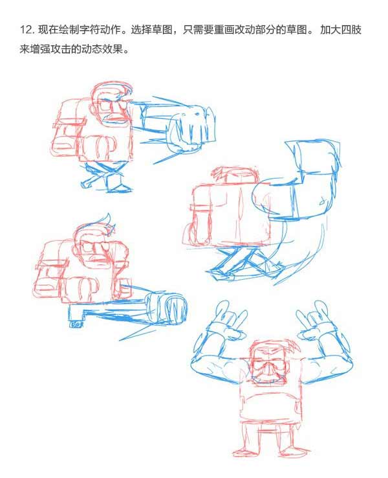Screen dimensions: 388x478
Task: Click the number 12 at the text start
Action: coord(26,30)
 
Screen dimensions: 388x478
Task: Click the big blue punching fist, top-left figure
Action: coord(191,128)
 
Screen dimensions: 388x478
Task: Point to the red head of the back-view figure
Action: coord(234,176)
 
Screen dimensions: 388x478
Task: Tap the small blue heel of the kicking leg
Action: coord(76,323)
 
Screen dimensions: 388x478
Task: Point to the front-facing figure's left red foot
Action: coord(243,451)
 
